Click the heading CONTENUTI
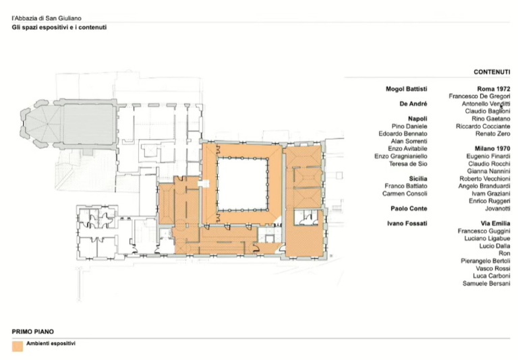(x=492, y=72)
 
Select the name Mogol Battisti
(x=406, y=89)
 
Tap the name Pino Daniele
(x=409, y=126)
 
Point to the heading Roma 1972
(x=494, y=89)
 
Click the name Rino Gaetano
(x=491, y=119)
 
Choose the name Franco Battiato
(x=405, y=186)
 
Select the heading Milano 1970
(x=492, y=148)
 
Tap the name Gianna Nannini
(x=488, y=171)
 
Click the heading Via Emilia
(x=495, y=223)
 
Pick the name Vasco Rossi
(x=493, y=268)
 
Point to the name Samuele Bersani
(x=486, y=283)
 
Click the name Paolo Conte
(x=409, y=208)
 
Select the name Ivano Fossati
(x=407, y=223)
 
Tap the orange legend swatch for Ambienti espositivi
(x=18, y=346)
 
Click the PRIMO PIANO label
(x=32, y=332)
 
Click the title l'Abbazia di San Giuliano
(x=47, y=18)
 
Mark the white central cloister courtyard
(x=243, y=184)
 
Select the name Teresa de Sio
(x=408, y=164)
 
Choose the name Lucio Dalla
(x=494, y=245)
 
